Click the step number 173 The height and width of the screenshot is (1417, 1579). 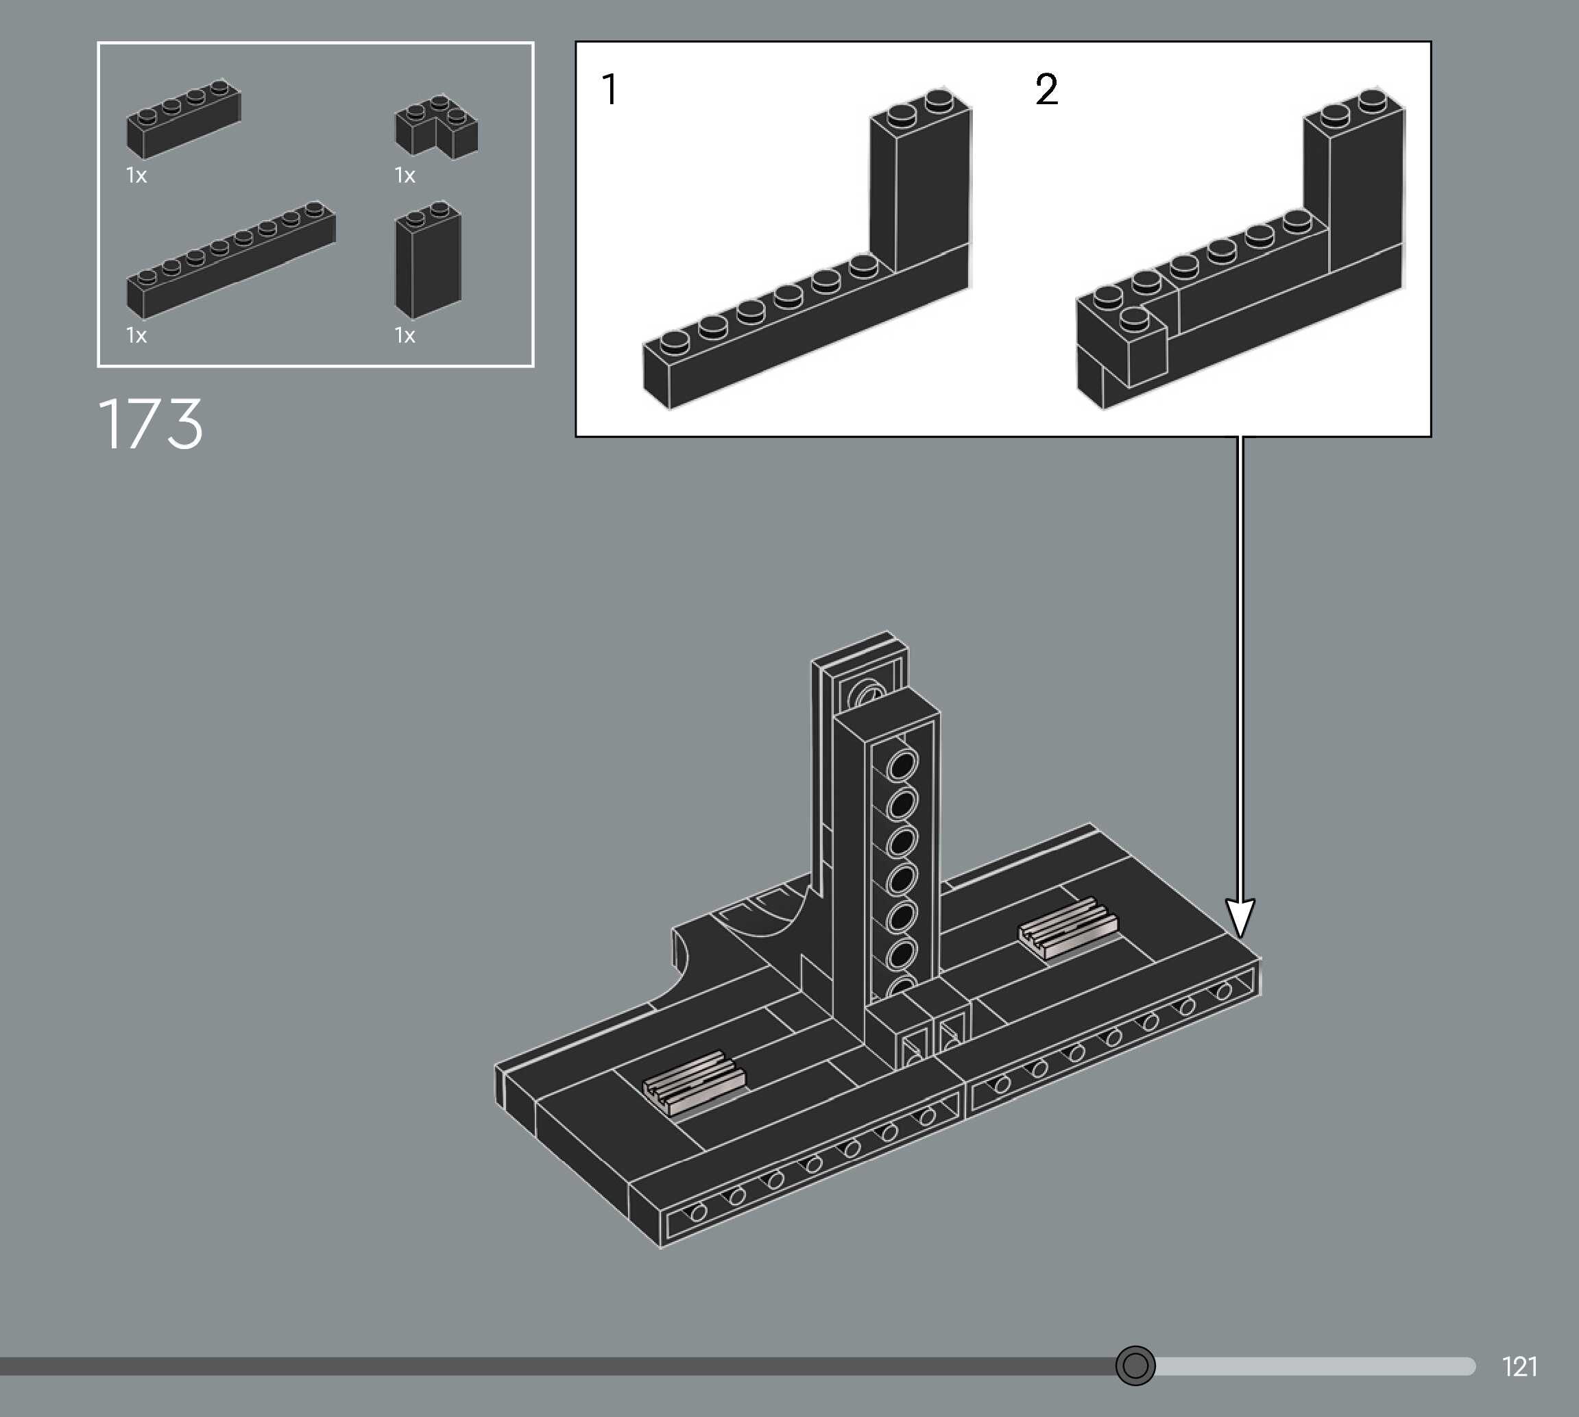click(150, 424)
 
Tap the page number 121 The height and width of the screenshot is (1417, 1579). click(1519, 1366)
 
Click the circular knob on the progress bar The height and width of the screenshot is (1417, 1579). click(1135, 1366)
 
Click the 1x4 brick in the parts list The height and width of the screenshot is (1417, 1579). click(184, 119)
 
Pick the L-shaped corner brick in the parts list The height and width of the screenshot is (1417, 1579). click(436, 127)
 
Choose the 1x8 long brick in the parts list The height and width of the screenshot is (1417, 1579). click(230, 260)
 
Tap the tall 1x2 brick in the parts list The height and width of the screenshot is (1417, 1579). click(429, 260)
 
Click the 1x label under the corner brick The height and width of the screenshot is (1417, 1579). click(405, 175)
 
